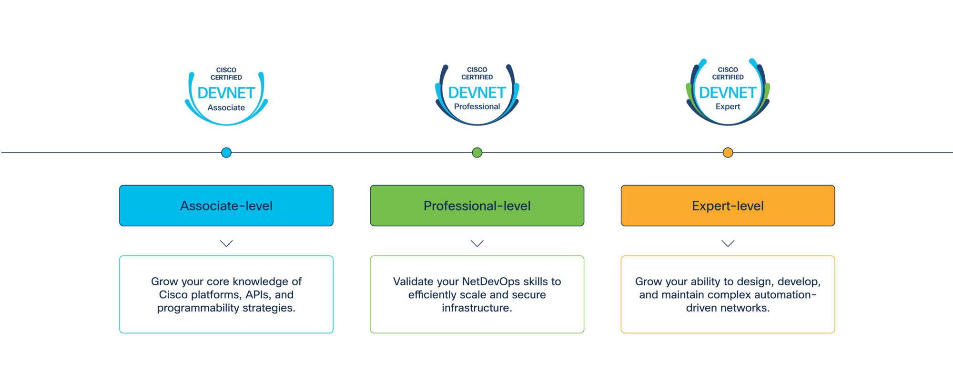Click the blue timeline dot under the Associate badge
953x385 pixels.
pos(226,153)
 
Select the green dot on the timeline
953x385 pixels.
pos(477,153)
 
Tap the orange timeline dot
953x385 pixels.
pos(728,153)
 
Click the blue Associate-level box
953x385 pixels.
pos(226,206)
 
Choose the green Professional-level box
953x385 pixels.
pos(477,206)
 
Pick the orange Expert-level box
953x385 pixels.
pos(728,206)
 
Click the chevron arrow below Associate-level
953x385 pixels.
pos(226,243)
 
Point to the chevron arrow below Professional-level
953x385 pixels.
pos(477,243)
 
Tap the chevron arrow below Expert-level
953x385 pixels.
pos(728,243)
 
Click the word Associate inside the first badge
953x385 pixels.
pos(226,108)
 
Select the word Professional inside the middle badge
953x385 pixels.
pos(477,107)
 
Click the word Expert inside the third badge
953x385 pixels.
pos(728,107)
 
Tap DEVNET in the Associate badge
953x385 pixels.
pos(226,93)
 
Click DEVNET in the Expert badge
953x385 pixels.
pos(728,93)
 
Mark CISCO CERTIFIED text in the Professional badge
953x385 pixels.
pos(477,73)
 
